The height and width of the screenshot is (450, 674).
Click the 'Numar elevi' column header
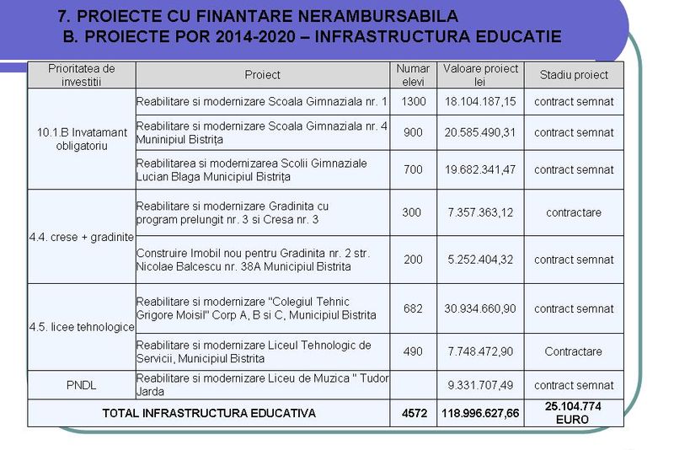[x=413, y=75]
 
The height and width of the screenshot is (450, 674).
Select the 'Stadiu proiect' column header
[x=574, y=75]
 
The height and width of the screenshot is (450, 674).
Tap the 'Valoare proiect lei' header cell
[x=480, y=75]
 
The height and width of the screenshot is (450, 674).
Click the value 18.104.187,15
[x=480, y=102]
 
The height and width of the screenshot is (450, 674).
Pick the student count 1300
[x=413, y=102]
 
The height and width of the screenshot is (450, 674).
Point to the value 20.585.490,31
[x=480, y=132]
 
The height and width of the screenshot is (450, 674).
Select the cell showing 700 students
[x=413, y=169]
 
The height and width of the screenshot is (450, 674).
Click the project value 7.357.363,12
[x=480, y=212]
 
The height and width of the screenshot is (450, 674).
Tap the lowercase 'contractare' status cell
[x=574, y=212]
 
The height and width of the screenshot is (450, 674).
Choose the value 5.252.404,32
[x=480, y=260]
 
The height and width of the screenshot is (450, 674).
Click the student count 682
[x=413, y=308]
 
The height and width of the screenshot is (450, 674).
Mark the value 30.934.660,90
[x=480, y=308]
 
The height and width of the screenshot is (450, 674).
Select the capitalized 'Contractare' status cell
[x=574, y=351]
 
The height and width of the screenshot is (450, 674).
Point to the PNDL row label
[x=82, y=385]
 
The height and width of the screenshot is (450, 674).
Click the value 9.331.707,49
[x=480, y=385]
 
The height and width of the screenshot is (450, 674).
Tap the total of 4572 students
[x=413, y=413]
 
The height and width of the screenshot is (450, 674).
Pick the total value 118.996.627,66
[x=480, y=413]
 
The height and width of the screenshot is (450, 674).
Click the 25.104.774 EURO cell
[x=574, y=412]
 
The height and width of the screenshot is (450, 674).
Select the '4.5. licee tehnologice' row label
[x=82, y=327]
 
